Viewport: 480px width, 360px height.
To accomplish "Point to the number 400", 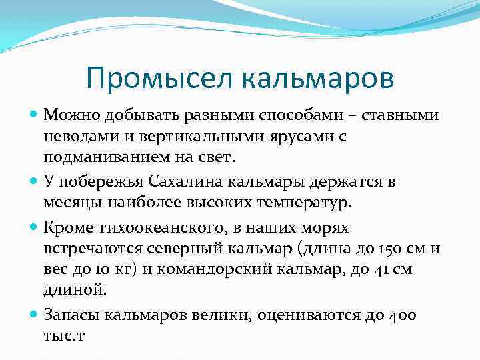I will [417, 314].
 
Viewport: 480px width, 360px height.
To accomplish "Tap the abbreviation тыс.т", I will [66, 335].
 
